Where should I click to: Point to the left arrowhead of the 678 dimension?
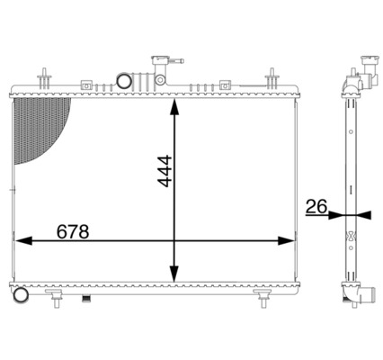point(20,240)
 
